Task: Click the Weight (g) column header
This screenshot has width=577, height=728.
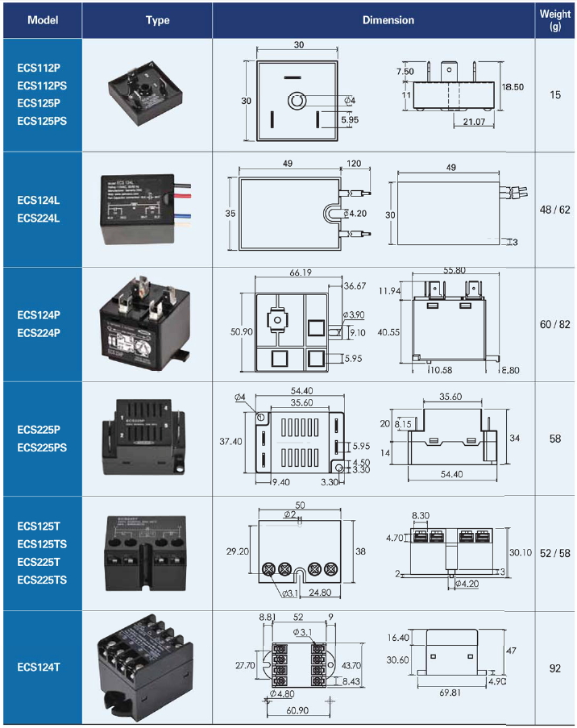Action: [x=555, y=19]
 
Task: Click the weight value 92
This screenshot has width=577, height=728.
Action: [x=555, y=668]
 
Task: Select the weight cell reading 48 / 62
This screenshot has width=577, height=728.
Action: [x=555, y=210]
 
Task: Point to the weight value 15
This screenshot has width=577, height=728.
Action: [x=555, y=95]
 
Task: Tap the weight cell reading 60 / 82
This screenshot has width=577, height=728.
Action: [x=555, y=324]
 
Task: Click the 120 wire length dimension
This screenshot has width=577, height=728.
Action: [x=354, y=164]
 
